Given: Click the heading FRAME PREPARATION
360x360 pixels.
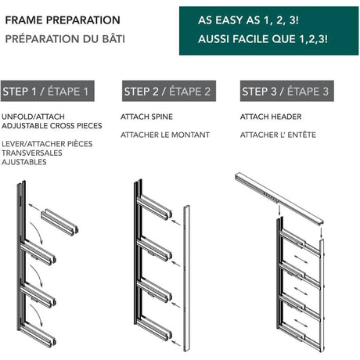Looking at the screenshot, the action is (63, 20).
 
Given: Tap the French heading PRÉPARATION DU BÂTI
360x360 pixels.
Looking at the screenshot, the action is (65, 39).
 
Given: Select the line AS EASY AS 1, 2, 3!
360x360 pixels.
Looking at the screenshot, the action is (248, 20).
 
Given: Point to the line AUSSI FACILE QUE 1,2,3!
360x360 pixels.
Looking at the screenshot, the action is (263, 39).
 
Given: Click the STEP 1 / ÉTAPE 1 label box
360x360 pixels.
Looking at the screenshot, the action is (48, 91).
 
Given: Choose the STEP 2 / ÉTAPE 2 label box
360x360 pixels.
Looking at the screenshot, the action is (169, 91).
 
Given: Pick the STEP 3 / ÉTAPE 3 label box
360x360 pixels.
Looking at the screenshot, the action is (287, 91).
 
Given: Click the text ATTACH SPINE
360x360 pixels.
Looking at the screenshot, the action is (146, 117).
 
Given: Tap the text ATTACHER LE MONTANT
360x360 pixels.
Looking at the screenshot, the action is (165, 135).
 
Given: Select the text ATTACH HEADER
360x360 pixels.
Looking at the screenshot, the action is (271, 117).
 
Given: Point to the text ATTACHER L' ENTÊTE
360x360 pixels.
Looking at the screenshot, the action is (278, 135).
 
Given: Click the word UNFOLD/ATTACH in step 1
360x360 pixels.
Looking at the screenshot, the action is (33, 117).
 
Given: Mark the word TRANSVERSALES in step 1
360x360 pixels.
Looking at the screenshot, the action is (32, 153).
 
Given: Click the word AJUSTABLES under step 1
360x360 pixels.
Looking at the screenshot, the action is (24, 162).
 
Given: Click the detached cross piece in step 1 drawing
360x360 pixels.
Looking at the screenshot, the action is (59, 221).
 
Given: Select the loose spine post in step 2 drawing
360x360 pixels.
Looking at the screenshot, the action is (186, 279).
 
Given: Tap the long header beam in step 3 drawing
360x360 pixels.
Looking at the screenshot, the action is (279, 198).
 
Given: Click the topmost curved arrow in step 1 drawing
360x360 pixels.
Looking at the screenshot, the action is (37, 233).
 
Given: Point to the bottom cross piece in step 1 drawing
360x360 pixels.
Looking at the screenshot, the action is (38, 334).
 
